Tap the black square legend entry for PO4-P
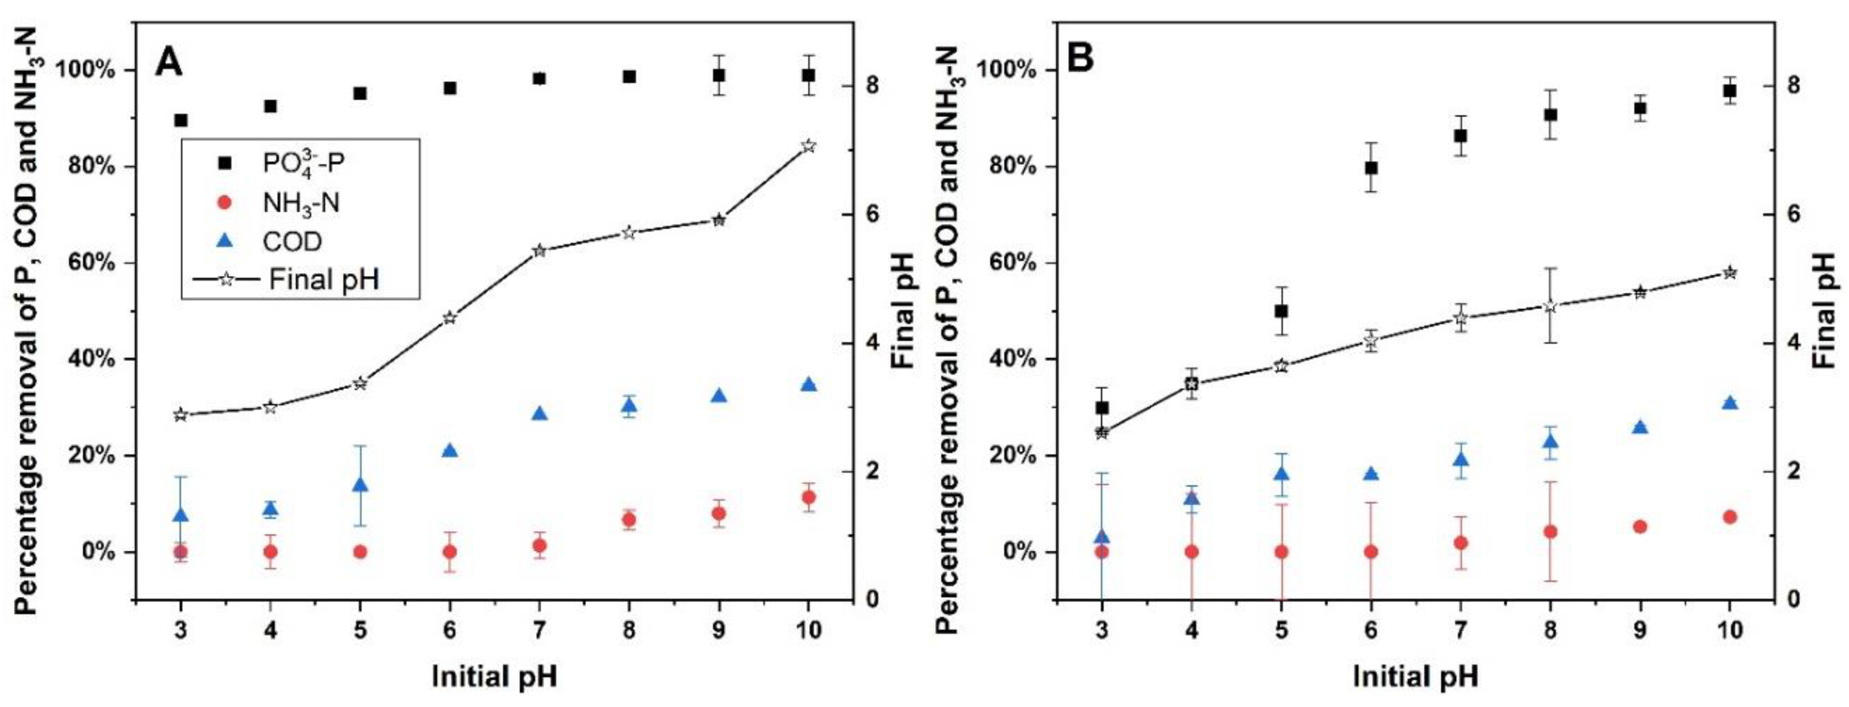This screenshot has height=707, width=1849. click(x=225, y=164)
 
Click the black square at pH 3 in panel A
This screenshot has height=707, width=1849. click(x=181, y=120)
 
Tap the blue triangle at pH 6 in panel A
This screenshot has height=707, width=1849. click(x=450, y=451)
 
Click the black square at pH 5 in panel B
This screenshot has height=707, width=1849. click(x=1281, y=311)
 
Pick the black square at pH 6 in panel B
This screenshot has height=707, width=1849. click(x=1371, y=167)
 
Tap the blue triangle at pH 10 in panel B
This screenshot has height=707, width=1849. click(x=1729, y=403)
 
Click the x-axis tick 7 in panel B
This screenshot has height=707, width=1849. click(x=1460, y=630)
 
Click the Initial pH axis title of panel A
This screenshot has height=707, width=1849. click(x=494, y=676)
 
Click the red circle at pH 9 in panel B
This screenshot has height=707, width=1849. click(x=1640, y=526)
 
